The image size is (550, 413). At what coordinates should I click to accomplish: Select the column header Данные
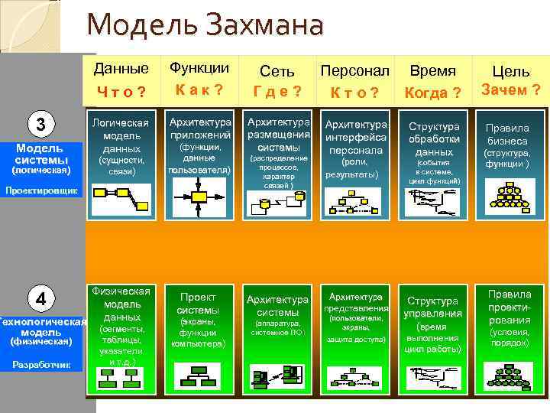click(x=121, y=68)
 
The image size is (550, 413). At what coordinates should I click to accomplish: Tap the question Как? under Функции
click(x=199, y=89)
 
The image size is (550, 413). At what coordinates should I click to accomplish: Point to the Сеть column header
click(x=277, y=71)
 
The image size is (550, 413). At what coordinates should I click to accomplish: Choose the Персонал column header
click(x=354, y=71)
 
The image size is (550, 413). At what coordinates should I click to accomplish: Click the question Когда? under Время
click(x=433, y=93)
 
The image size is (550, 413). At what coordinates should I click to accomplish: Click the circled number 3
click(x=41, y=125)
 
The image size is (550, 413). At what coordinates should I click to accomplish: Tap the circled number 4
click(x=41, y=297)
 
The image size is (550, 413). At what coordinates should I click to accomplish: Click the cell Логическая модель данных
click(x=121, y=135)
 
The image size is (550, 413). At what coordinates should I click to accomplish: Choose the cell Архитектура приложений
click(x=199, y=128)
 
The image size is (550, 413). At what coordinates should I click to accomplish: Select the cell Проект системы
click(x=198, y=304)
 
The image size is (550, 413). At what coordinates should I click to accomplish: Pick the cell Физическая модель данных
click(x=121, y=304)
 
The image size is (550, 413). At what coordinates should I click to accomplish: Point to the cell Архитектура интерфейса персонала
click(x=355, y=137)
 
